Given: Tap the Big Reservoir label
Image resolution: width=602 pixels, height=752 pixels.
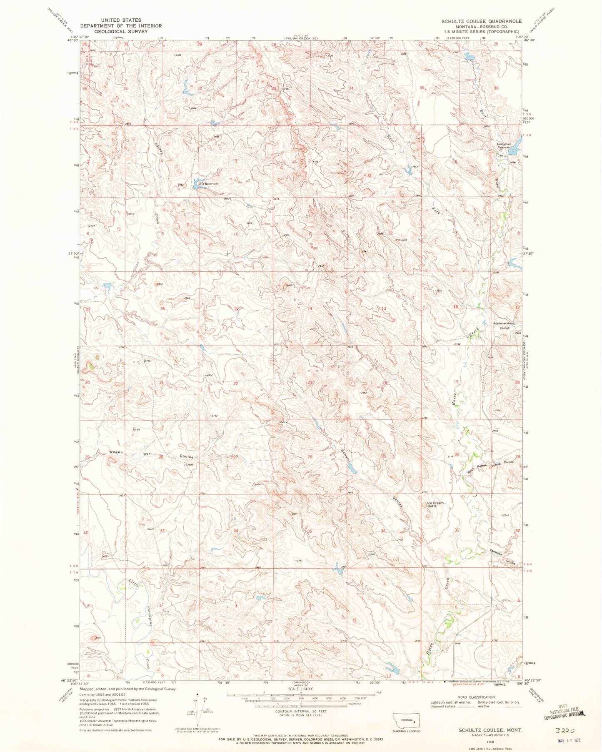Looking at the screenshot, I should [x=209, y=183].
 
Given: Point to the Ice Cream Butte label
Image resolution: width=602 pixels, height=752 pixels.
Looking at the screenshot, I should [x=436, y=504].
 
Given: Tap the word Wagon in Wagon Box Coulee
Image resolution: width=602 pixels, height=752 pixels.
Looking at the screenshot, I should [x=115, y=452].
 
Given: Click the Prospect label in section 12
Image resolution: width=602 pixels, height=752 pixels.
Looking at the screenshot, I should [x=401, y=240].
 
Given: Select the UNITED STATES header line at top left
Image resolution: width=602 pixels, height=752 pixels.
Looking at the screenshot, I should [x=117, y=20].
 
